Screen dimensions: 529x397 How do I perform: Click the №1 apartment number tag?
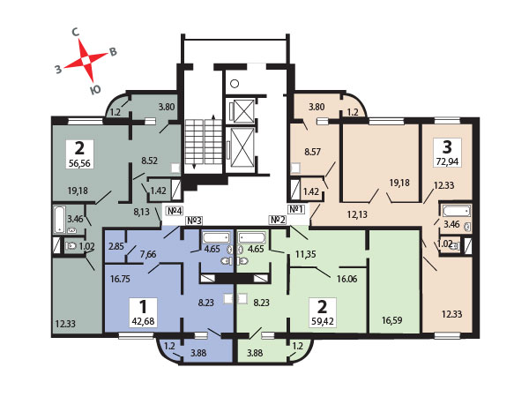tap(296, 209)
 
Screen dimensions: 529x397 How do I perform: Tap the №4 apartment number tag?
tap(175, 211)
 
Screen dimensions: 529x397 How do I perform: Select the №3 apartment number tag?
tap(194, 221)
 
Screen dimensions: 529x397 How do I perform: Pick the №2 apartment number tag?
tap(278, 220)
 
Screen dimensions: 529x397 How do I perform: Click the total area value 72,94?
tap(447, 161)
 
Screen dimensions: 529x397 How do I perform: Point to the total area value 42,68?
tap(143, 321)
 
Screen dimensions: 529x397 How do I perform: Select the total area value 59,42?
tap(323, 321)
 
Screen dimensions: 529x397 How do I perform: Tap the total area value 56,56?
tap(79, 163)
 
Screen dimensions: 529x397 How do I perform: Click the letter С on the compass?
tap(76, 33)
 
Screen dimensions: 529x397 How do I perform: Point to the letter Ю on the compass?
tap(95, 89)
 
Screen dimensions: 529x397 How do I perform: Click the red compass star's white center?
tap(86, 60)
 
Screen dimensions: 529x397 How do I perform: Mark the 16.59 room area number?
tap(391, 320)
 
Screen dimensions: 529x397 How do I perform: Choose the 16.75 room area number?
tap(120, 279)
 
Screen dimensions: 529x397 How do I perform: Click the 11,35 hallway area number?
tap(306, 254)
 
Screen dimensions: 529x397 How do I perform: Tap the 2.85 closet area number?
tap(116, 246)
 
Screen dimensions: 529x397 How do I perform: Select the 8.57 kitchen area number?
tap(312, 152)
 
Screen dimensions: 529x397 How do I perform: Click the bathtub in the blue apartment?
tap(216, 237)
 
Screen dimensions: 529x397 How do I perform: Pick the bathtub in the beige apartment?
tap(457, 211)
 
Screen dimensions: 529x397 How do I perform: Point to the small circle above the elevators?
tap(235, 84)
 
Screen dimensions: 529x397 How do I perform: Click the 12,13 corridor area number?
tap(357, 214)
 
